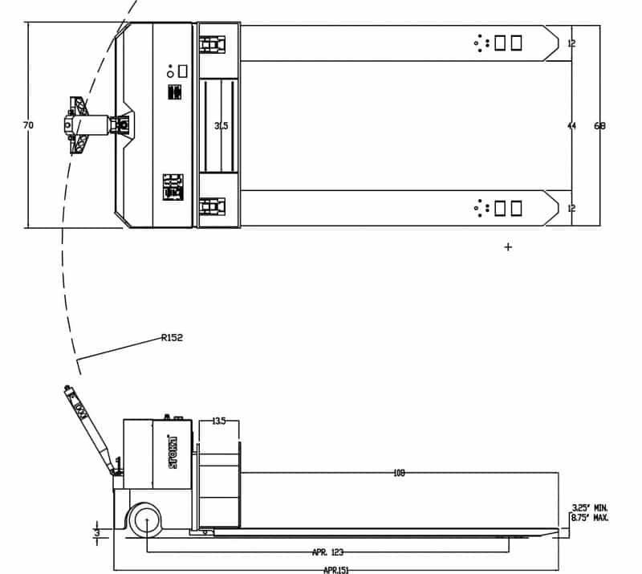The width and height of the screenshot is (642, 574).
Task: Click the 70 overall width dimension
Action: (x=29, y=125)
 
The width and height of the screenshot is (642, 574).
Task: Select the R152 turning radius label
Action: (x=172, y=338)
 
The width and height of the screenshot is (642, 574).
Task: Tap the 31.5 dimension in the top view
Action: (x=221, y=126)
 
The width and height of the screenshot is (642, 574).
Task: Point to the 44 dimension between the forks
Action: (x=571, y=126)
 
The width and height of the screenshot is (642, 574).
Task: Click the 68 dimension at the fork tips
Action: (x=599, y=126)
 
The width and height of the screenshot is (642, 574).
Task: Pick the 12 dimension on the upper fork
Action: (x=571, y=43)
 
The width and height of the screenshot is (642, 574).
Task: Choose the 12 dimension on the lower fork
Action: (x=571, y=209)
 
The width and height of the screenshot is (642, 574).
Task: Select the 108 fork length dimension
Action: (x=399, y=474)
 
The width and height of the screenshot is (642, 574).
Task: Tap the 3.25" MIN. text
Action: (x=590, y=507)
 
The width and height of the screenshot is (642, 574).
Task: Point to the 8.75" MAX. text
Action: (x=590, y=519)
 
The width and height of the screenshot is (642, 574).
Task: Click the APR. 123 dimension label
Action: (x=327, y=552)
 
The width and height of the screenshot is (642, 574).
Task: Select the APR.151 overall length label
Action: (x=335, y=569)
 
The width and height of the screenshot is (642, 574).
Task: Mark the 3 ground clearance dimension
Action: (x=96, y=531)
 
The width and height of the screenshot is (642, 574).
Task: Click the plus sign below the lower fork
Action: (x=507, y=247)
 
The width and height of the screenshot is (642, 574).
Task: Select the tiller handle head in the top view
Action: (x=77, y=125)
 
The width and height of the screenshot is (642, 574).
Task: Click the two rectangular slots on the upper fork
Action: (x=508, y=43)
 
